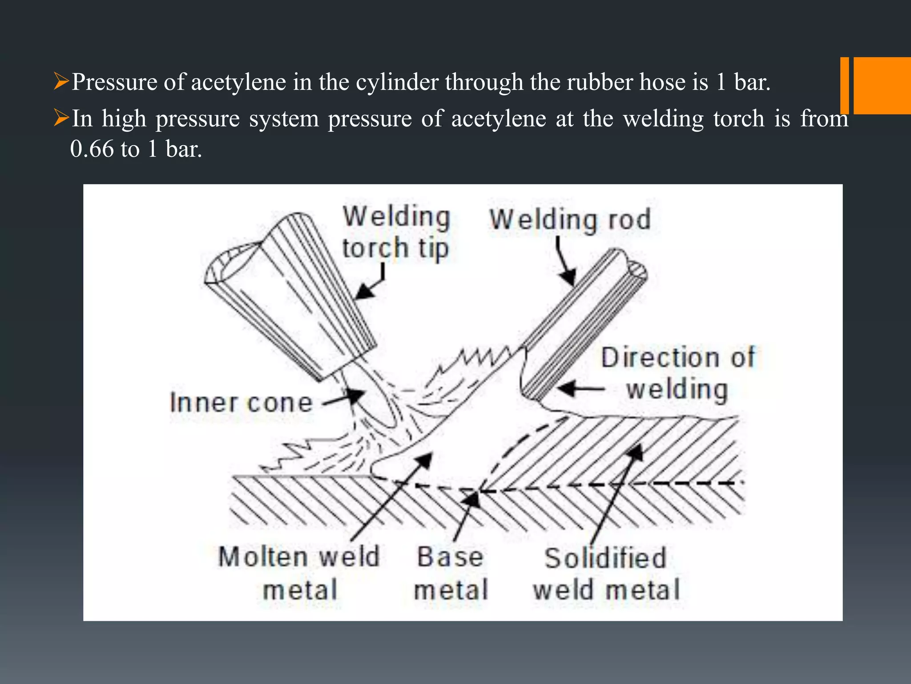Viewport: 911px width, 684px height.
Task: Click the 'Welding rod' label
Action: tap(570, 220)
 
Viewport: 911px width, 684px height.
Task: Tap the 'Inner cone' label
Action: tap(242, 403)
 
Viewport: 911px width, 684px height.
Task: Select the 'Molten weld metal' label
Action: tap(299, 574)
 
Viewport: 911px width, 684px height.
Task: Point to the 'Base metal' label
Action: tap(451, 574)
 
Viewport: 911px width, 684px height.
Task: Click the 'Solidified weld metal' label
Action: tap(606, 574)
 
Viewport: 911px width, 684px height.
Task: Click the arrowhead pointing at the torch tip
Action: tap(363, 292)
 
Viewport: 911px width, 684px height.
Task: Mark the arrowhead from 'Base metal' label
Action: tap(473, 500)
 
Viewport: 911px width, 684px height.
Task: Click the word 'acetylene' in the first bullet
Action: tap(238, 82)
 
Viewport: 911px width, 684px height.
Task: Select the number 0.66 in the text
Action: tap(92, 149)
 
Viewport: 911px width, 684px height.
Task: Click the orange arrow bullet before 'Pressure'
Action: tap(61, 81)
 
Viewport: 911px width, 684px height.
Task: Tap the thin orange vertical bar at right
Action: tap(844, 85)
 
